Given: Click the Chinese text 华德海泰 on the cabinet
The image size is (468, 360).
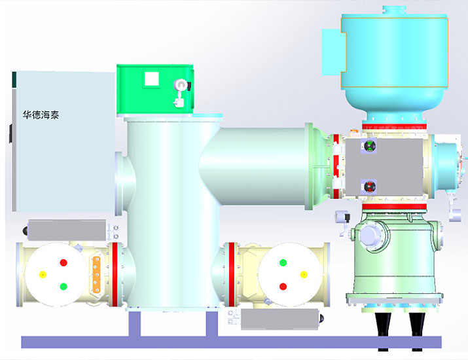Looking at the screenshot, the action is pos(41,115).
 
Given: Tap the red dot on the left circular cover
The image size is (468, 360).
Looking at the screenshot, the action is pos(63,262).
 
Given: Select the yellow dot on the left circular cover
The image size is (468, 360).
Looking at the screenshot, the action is pos(43,275).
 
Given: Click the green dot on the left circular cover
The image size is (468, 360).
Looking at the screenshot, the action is pos(63,287).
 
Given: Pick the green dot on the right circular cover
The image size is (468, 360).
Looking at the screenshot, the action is pos(283,262).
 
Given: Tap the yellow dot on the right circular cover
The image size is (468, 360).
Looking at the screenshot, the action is pos(304,275).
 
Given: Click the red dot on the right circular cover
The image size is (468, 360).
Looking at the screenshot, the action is pos(283,287).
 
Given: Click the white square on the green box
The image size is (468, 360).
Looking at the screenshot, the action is pos(152,79).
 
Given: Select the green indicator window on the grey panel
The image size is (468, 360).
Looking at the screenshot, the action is pos(370,146).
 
